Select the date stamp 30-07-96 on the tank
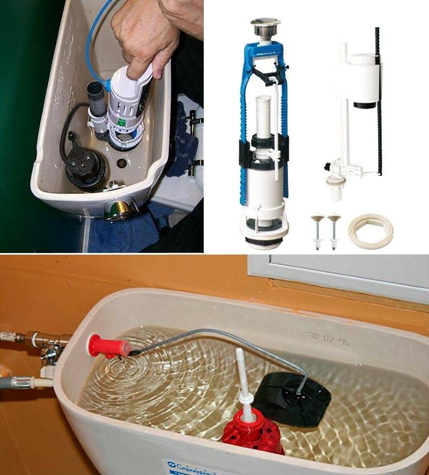click(x=328, y=338)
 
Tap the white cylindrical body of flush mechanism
click(x=262, y=185)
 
